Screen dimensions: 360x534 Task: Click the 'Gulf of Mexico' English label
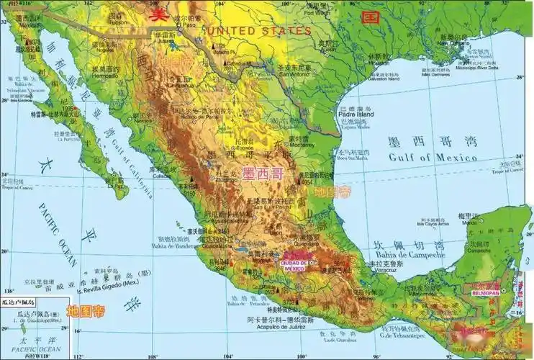(433, 157)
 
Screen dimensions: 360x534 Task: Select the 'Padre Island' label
(356, 114)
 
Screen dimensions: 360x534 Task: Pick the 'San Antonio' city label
(294, 73)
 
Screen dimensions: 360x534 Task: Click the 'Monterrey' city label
(299, 145)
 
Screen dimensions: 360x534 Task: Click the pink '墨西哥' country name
(263, 174)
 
